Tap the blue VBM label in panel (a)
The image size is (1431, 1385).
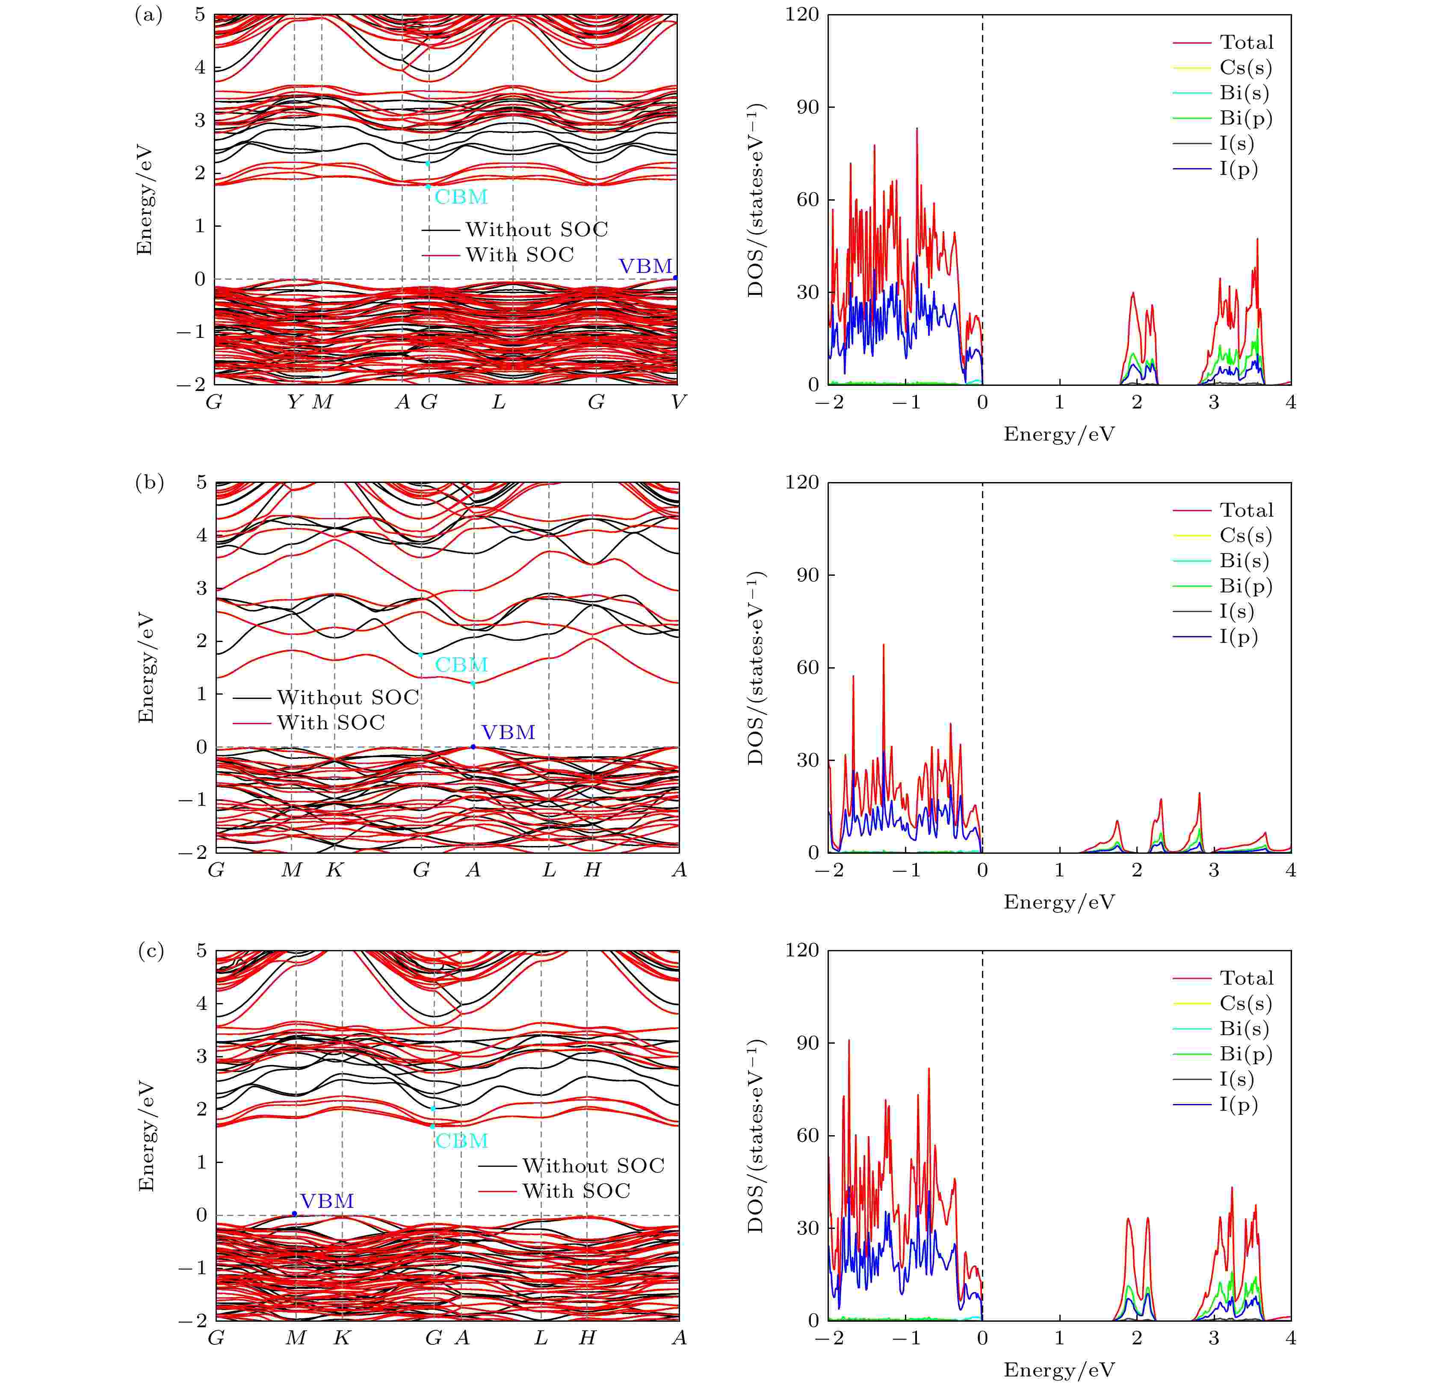click(x=645, y=266)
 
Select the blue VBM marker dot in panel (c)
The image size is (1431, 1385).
click(x=294, y=1213)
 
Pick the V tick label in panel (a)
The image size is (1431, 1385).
click(x=678, y=402)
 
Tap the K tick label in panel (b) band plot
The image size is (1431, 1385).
click(x=334, y=870)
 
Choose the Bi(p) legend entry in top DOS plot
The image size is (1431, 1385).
click(x=1245, y=118)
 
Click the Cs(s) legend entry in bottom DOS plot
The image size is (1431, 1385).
click(x=1245, y=1003)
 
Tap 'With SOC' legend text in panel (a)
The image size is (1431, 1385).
click(x=520, y=255)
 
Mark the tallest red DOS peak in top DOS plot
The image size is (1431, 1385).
click(x=917, y=129)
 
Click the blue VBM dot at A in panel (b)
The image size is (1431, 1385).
click(x=473, y=746)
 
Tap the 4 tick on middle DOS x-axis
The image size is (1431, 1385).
click(x=1291, y=870)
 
